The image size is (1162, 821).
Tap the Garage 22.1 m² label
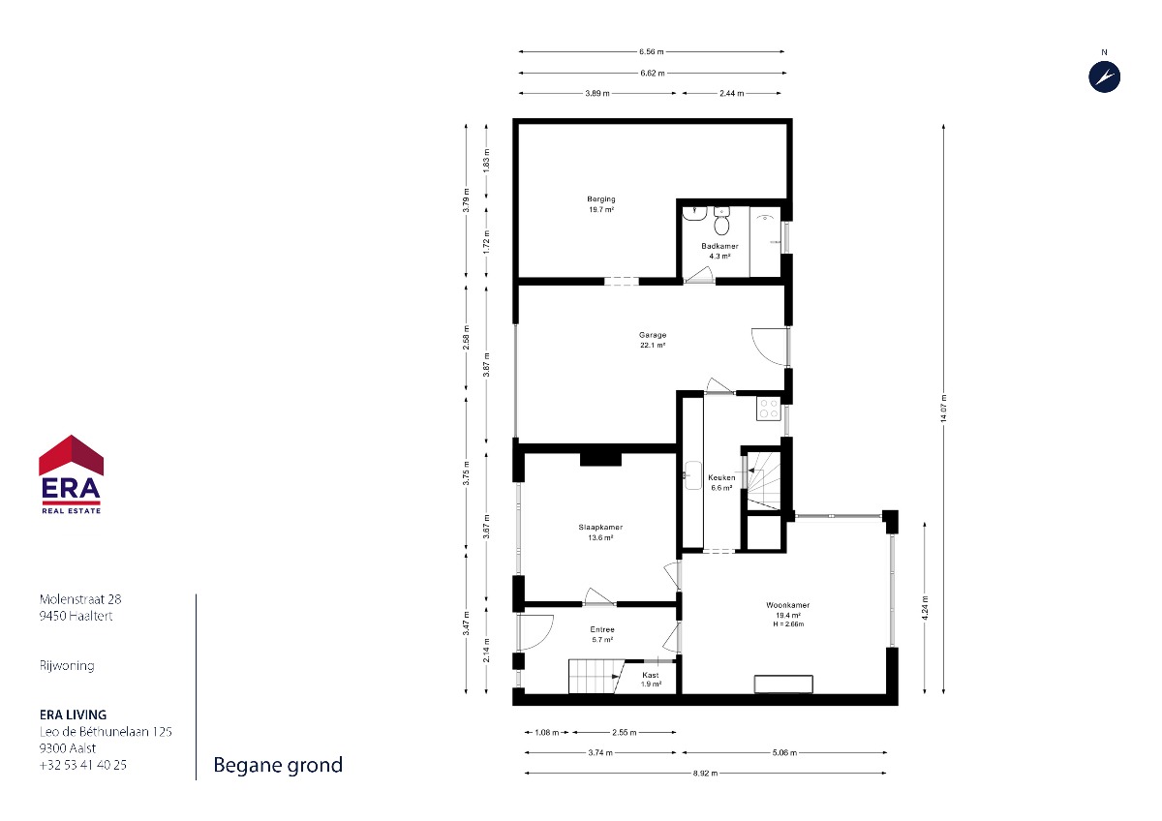click(x=652, y=340)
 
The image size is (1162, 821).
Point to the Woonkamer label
click(x=787, y=605)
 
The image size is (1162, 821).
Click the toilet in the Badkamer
click(x=721, y=221)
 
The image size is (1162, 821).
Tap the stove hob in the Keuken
click(x=768, y=409)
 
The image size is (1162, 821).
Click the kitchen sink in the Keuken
click(x=692, y=475)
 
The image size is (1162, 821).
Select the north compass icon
click(x=1104, y=76)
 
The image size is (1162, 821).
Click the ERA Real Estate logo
click(x=71, y=474)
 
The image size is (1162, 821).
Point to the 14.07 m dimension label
click(x=943, y=409)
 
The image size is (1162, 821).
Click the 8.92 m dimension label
click(x=705, y=773)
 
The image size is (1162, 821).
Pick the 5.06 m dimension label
click(x=783, y=752)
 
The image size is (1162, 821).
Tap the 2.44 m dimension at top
click(x=731, y=93)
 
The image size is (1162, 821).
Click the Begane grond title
click(x=278, y=766)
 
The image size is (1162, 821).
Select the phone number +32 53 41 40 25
click(x=83, y=765)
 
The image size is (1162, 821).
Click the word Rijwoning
click(x=67, y=666)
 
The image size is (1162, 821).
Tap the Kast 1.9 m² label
click(x=651, y=680)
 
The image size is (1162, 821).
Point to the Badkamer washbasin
click(x=694, y=213)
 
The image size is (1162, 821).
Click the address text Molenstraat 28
click(x=80, y=599)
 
